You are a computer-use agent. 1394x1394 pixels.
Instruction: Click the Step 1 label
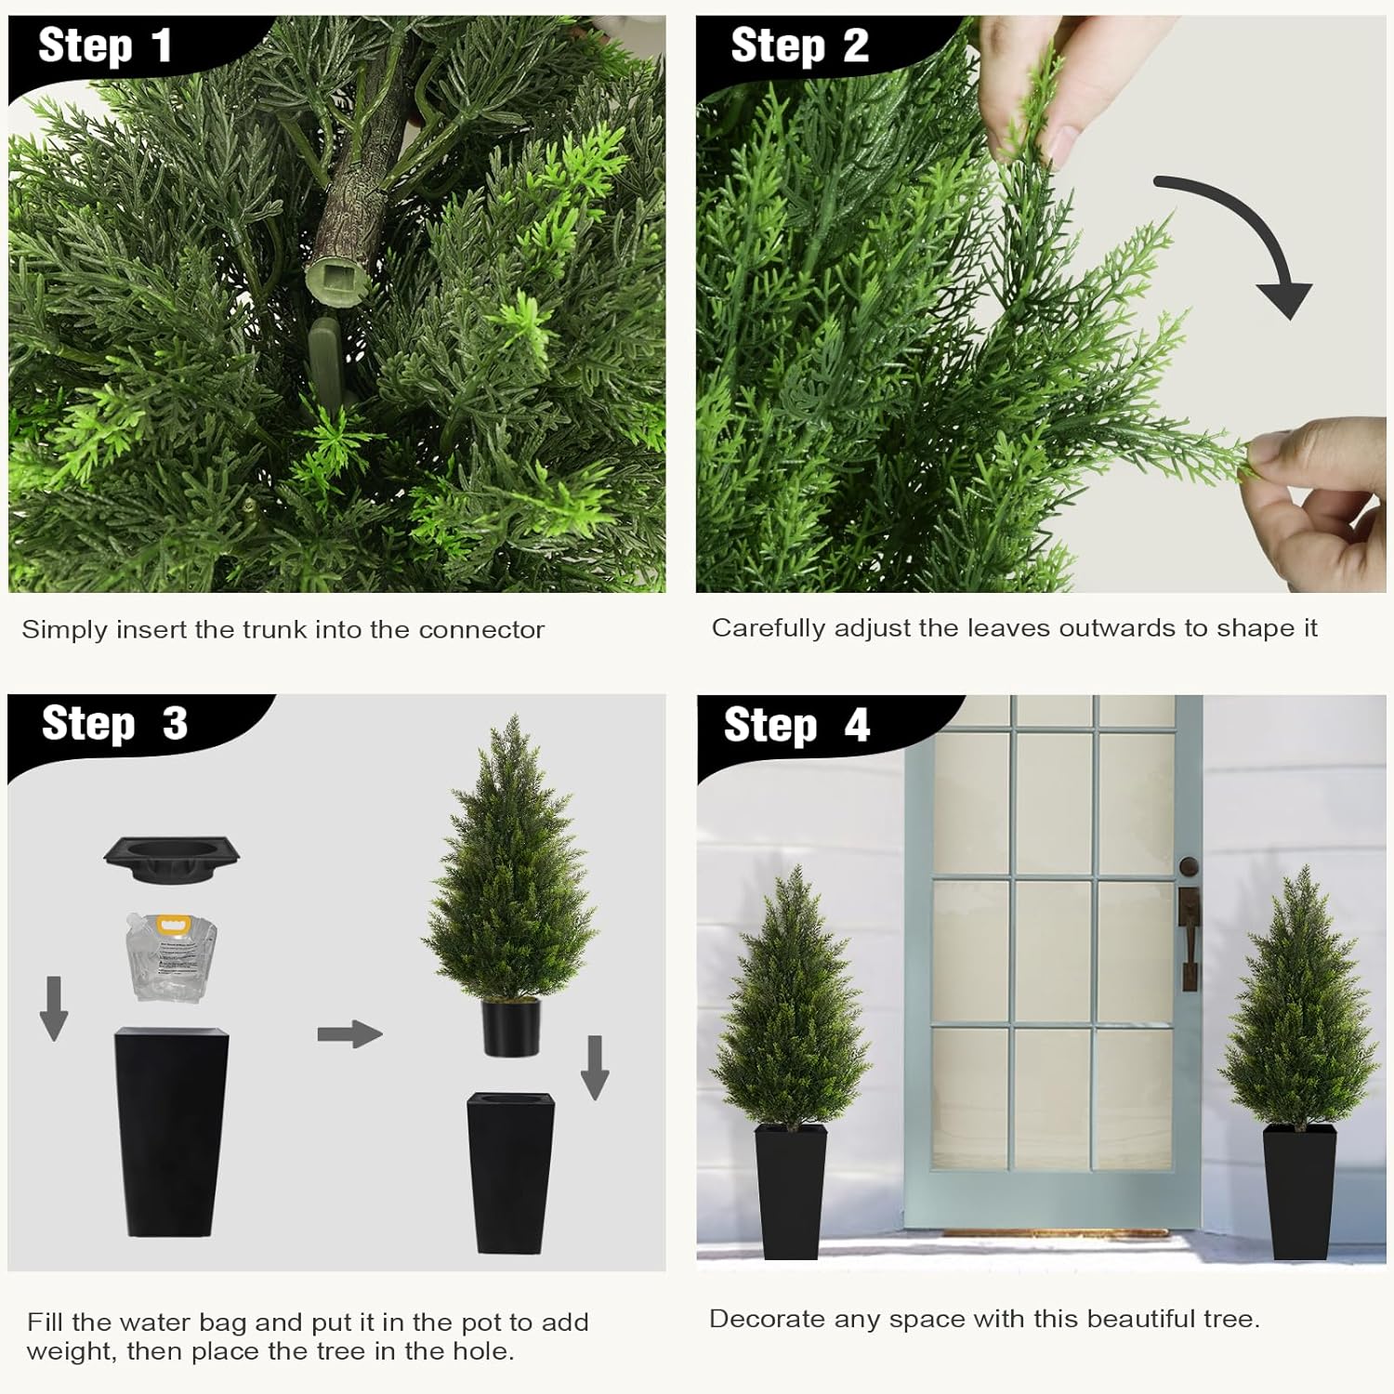104,46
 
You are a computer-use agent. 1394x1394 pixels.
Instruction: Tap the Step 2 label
799,46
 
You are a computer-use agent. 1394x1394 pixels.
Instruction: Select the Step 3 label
114,724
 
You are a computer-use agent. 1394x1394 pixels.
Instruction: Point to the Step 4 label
796,725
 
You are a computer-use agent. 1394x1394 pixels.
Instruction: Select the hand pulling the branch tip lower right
1320,502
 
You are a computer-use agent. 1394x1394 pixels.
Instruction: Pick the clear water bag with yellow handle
172,957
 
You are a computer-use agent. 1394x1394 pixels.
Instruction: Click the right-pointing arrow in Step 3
349,1033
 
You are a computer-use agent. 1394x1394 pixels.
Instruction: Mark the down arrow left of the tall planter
54,1007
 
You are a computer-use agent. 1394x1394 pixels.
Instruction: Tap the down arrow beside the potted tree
595,1067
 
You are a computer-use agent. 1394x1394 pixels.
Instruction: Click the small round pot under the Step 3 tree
511,1027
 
